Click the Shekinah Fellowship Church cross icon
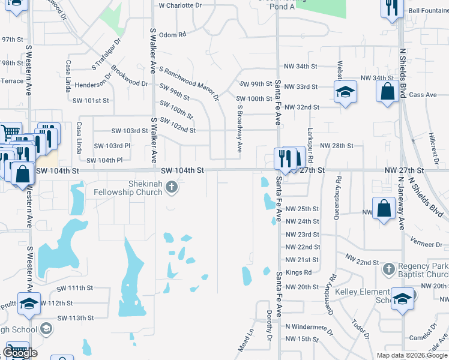click(172, 187)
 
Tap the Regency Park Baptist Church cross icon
click(388, 268)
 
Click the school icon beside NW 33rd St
click(345, 92)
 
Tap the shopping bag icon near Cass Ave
click(387, 92)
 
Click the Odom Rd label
click(173, 35)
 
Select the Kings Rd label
click(298, 273)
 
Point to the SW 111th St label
click(75, 288)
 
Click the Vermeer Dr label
click(426, 244)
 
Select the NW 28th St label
click(337, 146)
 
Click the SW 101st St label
click(91, 101)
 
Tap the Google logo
click(20, 353)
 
